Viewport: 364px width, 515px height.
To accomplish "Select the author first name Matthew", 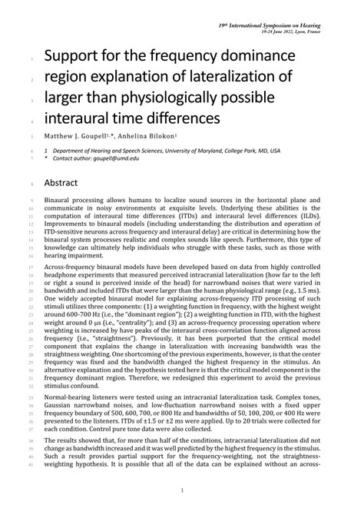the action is click(63, 136).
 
